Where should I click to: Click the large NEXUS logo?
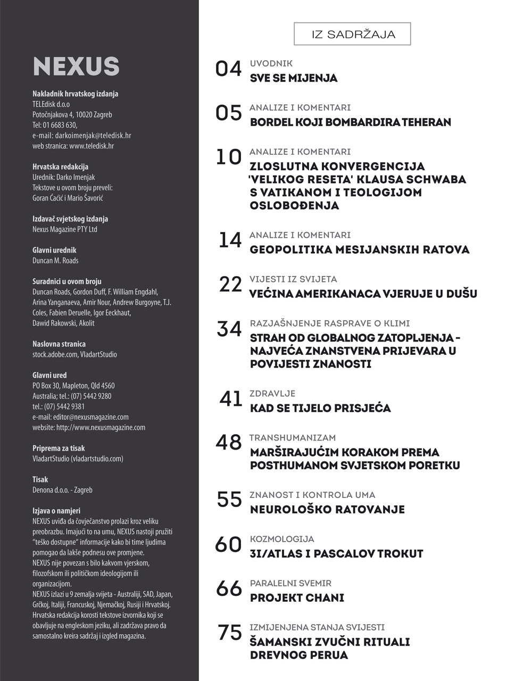click(76, 66)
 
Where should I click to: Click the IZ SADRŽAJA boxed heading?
click(352, 35)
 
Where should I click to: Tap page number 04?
click(228, 69)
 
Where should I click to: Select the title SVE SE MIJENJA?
click(294, 78)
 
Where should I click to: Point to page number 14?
click(230, 240)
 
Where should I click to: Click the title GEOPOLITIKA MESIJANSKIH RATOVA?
click(360, 250)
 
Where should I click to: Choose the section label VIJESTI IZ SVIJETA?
click(293, 279)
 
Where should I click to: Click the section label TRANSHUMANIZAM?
click(293, 438)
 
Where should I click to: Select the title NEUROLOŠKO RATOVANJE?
click(327, 509)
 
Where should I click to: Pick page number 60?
click(228, 544)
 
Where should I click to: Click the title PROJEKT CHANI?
click(297, 597)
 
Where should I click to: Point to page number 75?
click(230, 633)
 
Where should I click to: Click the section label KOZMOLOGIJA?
click(282, 539)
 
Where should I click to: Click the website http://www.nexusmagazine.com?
click(101, 427)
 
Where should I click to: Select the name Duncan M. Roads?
click(55, 260)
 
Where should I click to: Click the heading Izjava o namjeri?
click(56, 511)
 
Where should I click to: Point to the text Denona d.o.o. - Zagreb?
click(62, 489)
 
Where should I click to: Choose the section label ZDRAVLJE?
click(272, 394)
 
